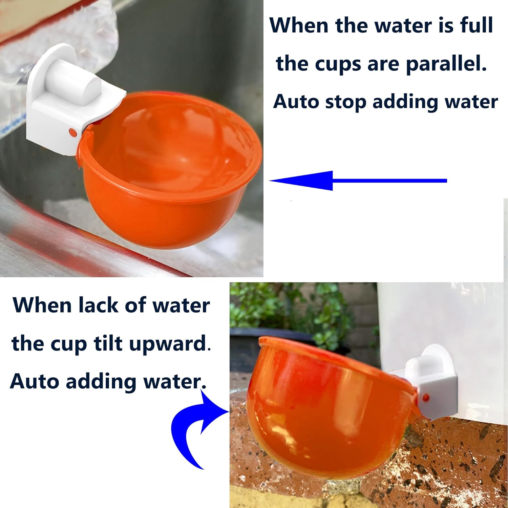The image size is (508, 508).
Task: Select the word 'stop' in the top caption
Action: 345,102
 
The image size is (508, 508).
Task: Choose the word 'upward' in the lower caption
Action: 168,344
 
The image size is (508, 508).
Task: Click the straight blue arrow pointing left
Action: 356,181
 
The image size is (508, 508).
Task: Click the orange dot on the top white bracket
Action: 72,132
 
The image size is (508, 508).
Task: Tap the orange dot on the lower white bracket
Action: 426,398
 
